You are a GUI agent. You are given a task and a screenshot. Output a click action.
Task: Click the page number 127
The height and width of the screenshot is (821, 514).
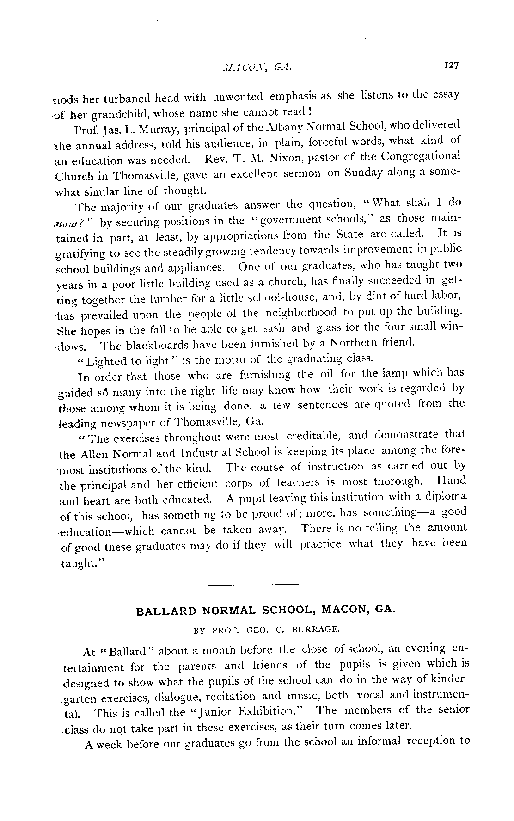(x=451, y=65)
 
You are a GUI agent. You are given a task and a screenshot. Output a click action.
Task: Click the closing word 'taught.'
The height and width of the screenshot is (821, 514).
(x=77, y=564)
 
